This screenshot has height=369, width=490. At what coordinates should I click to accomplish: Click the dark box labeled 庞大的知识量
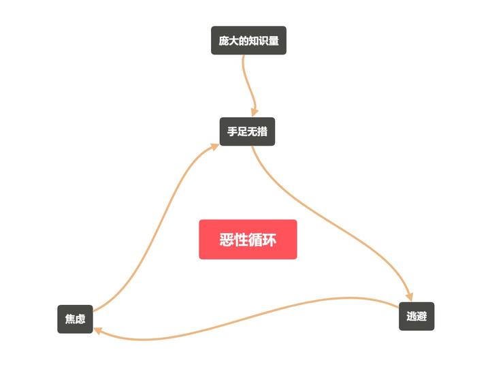click(248, 41)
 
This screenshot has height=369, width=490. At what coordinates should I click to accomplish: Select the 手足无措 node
click(247, 131)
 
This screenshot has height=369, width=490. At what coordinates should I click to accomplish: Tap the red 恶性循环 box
click(248, 240)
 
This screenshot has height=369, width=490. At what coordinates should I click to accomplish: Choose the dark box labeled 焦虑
click(75, 319)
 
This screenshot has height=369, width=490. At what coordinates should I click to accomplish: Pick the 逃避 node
click(416, 316)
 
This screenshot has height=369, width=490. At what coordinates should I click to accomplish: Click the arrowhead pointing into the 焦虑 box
click(99, 331)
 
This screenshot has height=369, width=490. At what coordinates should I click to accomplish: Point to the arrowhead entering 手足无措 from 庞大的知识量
click(255, 112)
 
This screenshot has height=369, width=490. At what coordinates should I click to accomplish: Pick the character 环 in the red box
click(269, 240)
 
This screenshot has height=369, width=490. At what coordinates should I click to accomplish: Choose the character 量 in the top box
click(273, 41)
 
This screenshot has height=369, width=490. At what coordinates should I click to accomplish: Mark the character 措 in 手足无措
click(262, 131)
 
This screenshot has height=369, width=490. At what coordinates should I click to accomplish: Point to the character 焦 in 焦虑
click(69, 319)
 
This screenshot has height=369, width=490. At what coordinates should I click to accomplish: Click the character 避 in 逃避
click(421, 316)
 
